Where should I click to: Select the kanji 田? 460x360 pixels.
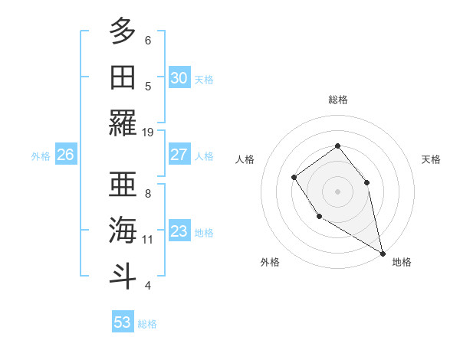(x=123, y=77)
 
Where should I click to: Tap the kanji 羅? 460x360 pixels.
(x=123, y=123)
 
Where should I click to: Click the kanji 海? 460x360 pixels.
(x=123, y=230)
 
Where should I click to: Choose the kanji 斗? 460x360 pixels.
(x=123, y=276)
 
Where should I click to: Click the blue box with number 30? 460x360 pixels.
(x=179, y=78)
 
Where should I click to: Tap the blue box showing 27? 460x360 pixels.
(x=179, y=155)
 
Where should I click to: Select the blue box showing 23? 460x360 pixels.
(x=179, y=231)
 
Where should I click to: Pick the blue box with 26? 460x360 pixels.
(x=65, y=155)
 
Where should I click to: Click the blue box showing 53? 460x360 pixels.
(x=123, y=322)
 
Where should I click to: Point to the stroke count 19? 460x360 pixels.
(x=148, y=133)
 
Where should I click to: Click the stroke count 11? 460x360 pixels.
(x=148, y=240)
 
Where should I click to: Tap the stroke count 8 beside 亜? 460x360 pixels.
(x=148, y=194)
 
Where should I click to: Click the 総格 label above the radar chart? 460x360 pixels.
(x=337, y=100)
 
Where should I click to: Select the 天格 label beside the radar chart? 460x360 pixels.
(x=431, y=159)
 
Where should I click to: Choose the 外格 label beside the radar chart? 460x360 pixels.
(x=270, y=262)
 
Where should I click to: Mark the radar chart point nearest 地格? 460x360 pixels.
(x=383, y=253)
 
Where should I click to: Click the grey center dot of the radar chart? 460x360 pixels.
(x=337, y=191)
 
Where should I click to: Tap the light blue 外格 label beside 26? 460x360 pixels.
(x=41, y=155)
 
